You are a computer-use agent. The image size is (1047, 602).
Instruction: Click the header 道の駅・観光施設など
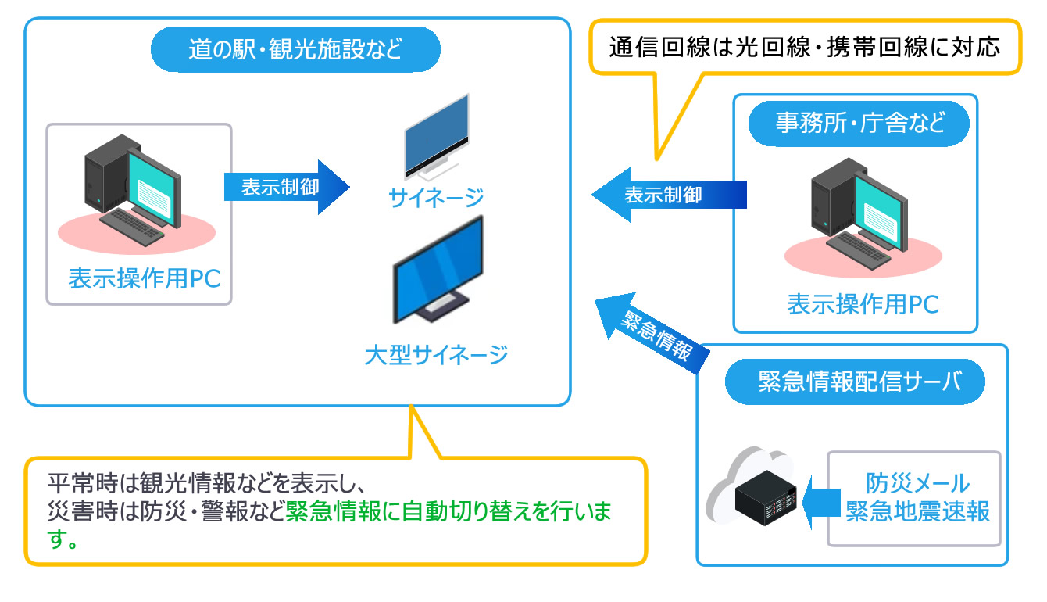pos(295,51)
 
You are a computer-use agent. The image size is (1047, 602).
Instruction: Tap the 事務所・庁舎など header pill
pos(859,123)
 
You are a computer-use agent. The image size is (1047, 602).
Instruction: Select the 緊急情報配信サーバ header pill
pos(855,382)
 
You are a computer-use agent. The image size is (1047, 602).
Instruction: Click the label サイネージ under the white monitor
pos(436,198)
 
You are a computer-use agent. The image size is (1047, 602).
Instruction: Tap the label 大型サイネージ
pos(436,356)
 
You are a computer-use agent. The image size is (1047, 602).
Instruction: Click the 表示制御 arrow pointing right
pos(284,188)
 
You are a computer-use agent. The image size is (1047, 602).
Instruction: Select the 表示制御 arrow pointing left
pos(669,195)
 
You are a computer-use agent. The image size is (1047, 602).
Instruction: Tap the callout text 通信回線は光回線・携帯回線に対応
pos(804,47)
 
